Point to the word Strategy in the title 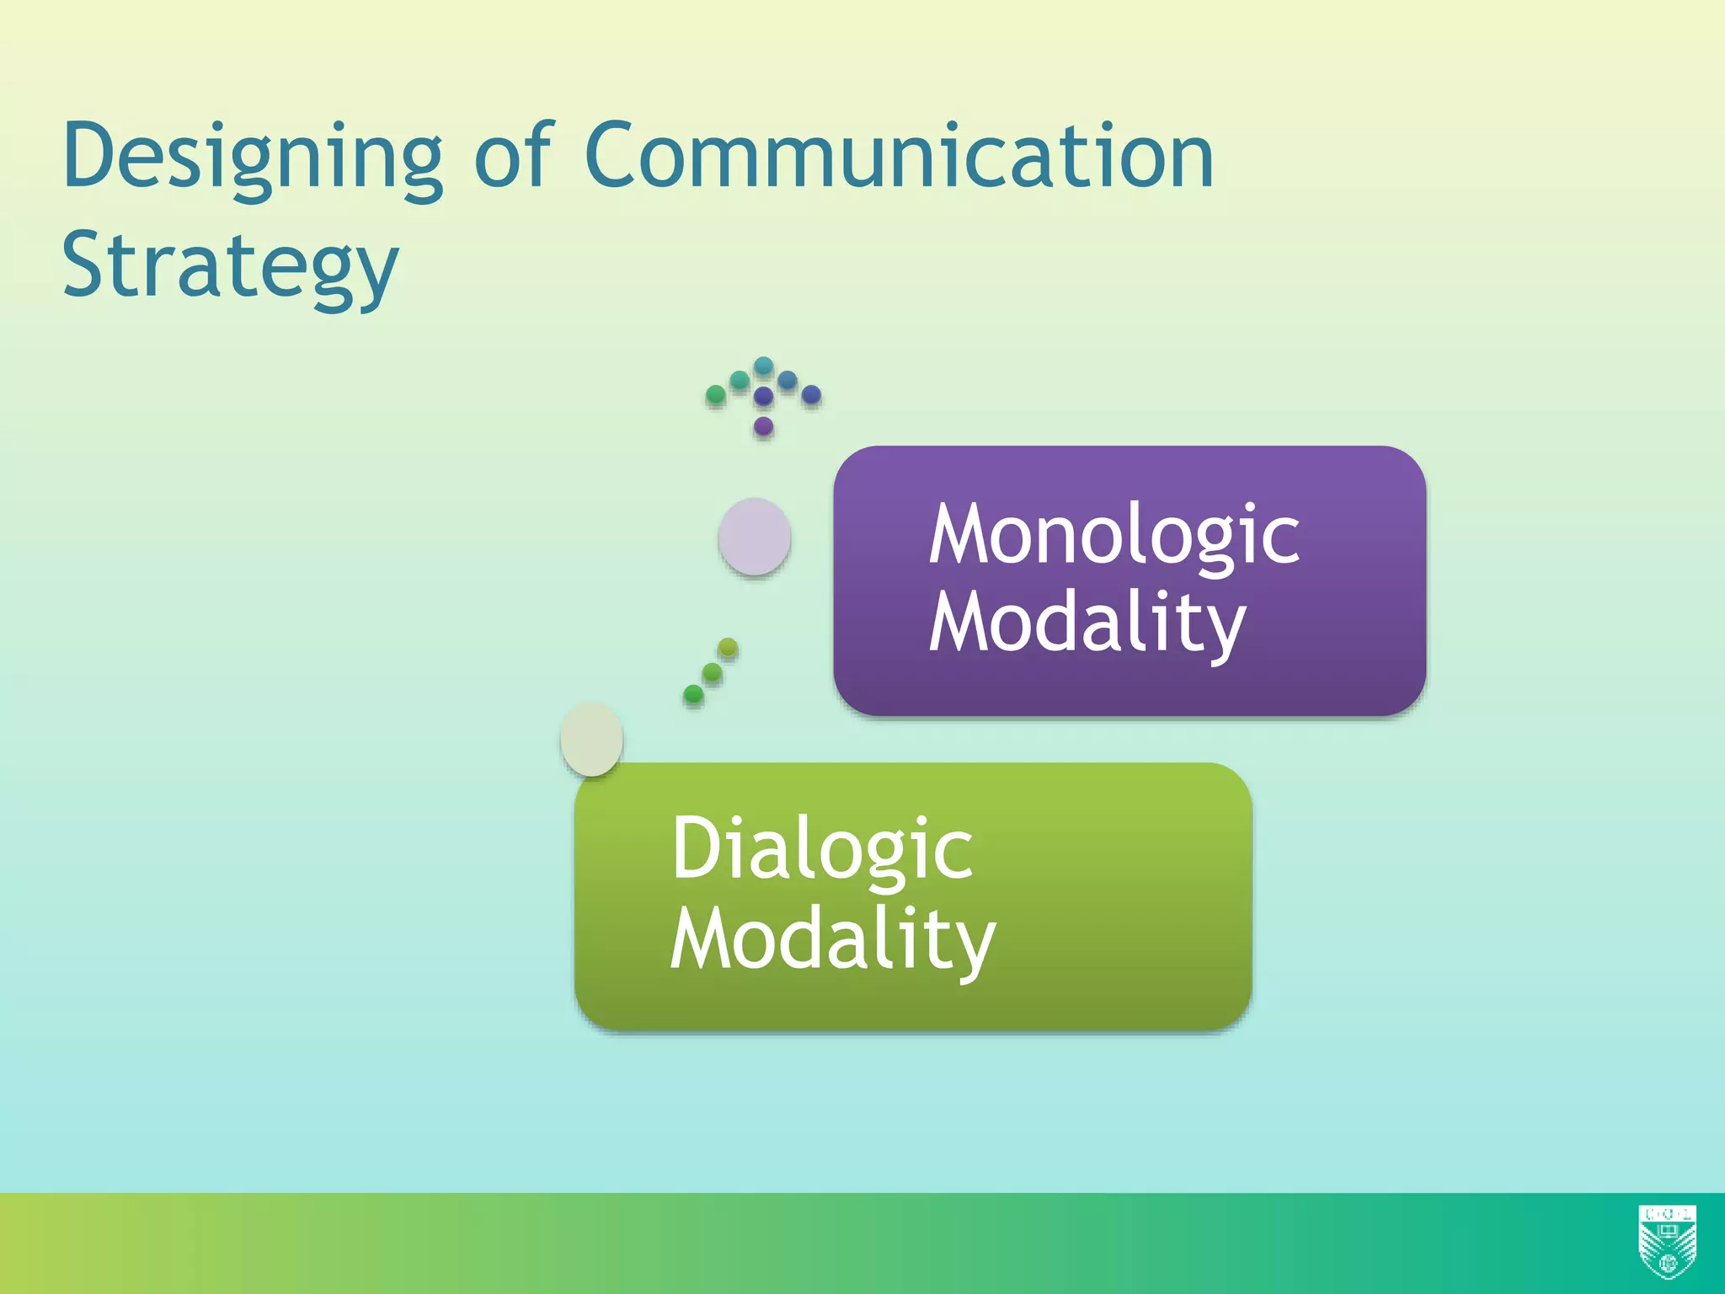point(230,267)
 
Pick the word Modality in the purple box point(1087,623)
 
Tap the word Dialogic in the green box point(821,849)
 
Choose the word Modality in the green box point(832,940)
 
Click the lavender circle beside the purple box point(754,537)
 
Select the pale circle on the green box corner point(591,739)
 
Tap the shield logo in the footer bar point(1667,1242)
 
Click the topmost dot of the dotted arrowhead point(763,366)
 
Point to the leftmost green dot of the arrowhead point(715,394)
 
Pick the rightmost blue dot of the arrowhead point(811,394)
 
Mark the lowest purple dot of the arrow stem point(763,425)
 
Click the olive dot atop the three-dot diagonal point(728,648)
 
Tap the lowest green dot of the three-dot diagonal point(693,694)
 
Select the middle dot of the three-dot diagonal point(712,671)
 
